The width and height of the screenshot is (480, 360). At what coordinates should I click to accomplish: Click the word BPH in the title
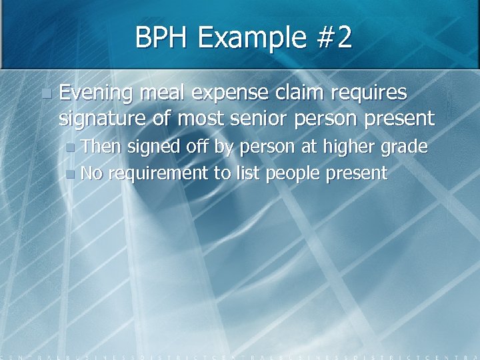163,38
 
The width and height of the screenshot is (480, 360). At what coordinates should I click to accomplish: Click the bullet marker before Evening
45,93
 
